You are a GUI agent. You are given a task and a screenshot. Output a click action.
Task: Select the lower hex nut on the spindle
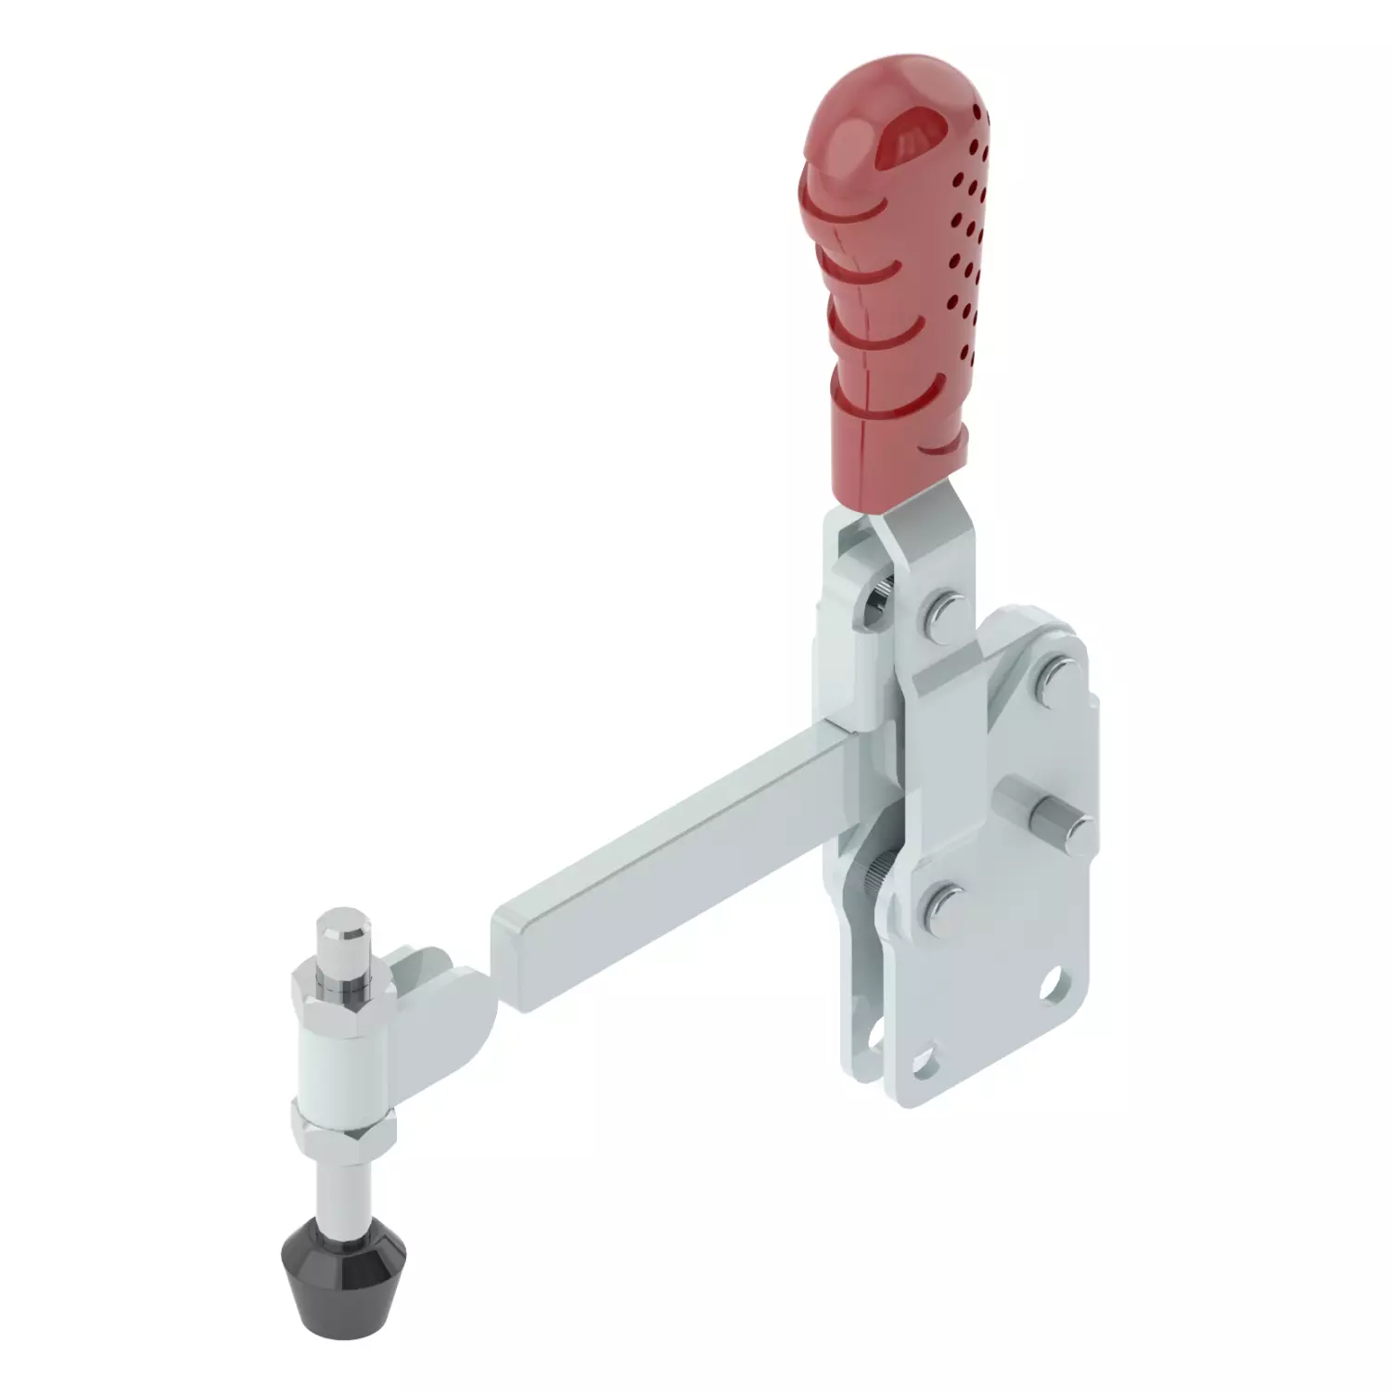pos(343,1127)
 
